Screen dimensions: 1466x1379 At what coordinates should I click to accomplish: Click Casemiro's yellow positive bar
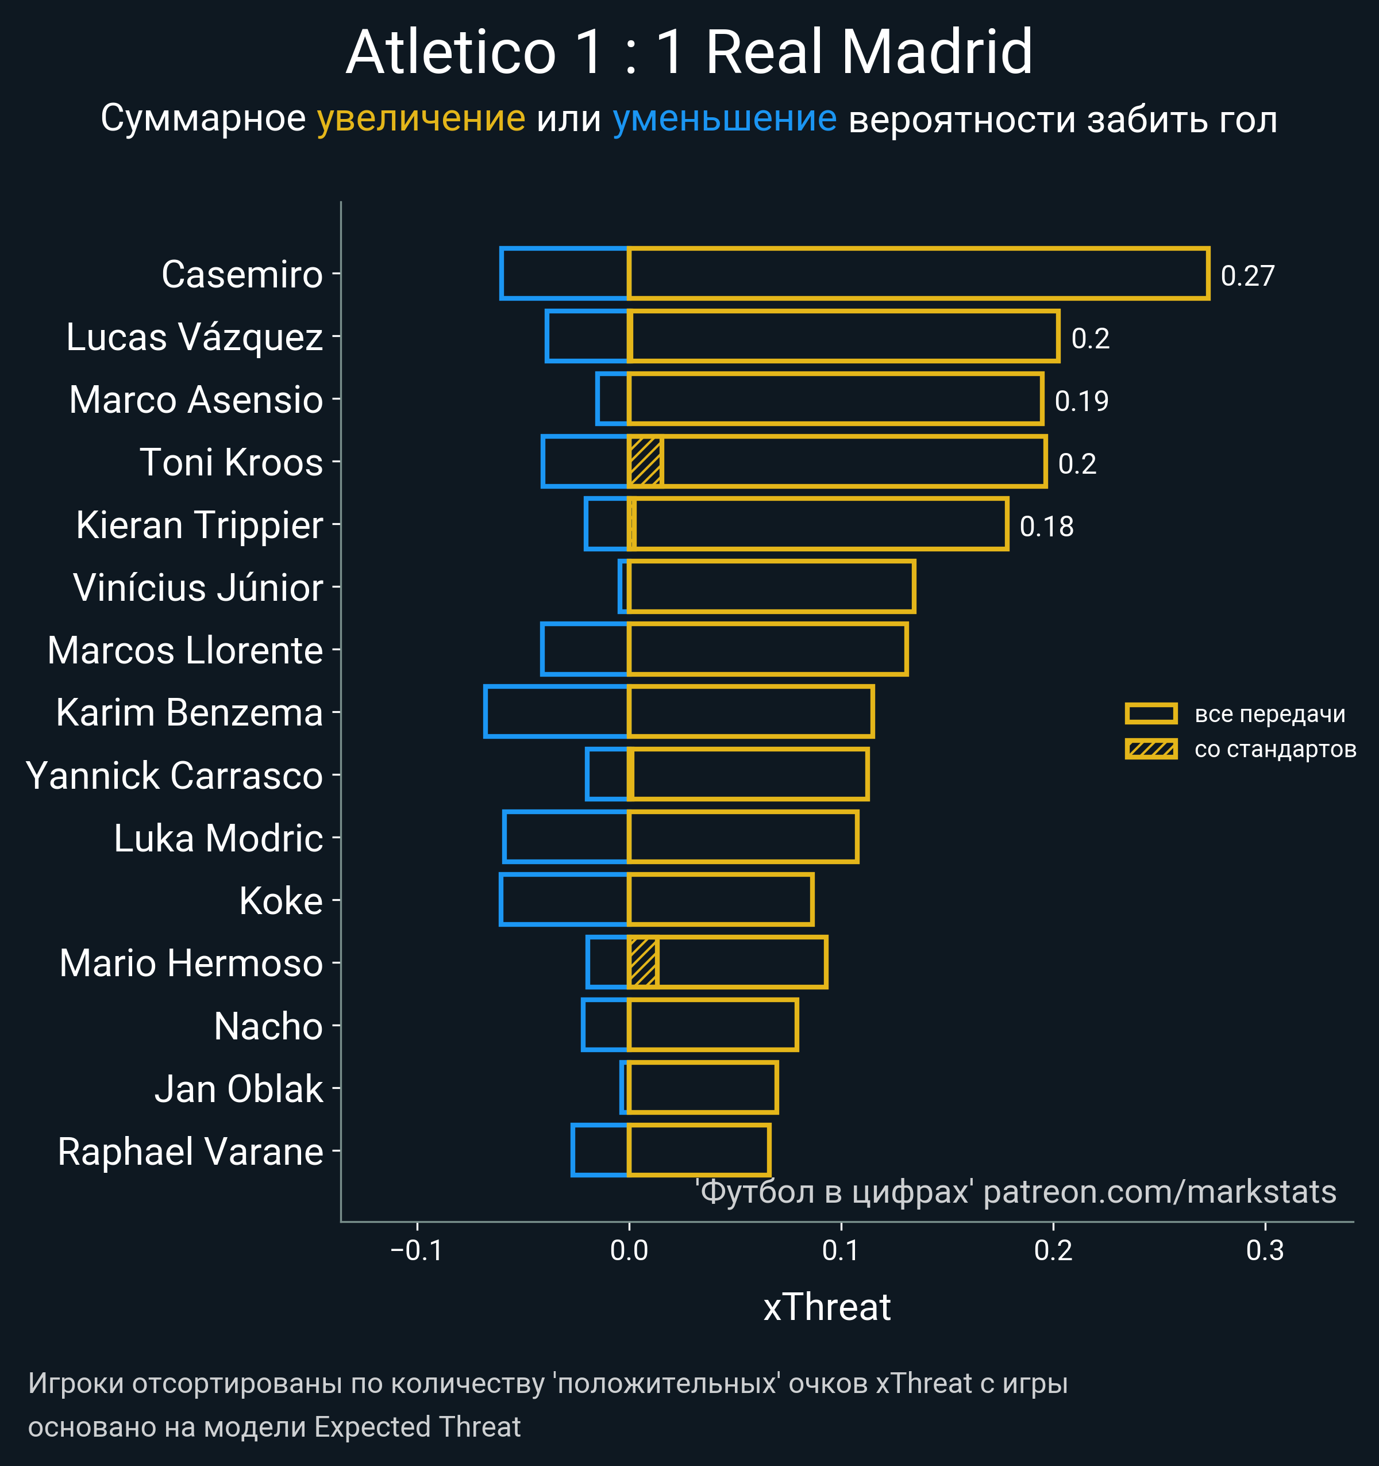[918, 274]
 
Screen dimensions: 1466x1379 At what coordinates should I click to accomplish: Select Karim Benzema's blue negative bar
[556, 712]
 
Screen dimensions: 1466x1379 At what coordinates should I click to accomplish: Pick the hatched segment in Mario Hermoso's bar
[644, 962]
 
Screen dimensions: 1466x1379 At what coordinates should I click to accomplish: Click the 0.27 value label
[1247, 276]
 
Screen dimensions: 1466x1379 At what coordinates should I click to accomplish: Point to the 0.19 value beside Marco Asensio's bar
[1081, 401]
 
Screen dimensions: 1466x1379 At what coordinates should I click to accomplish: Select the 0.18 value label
[1046, 527]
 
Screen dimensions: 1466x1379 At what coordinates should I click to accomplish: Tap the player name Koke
[281, 901]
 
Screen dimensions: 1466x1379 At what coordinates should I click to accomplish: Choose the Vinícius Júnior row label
[198, 588]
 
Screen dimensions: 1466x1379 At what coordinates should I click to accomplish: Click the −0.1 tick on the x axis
[417, 1250]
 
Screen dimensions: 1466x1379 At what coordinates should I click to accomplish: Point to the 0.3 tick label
[1265, 1250]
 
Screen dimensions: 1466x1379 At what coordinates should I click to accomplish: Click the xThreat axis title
[827, 1307]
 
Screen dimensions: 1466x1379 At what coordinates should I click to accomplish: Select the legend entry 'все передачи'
[1269, 714]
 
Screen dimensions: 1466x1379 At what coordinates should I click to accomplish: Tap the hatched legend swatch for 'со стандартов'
[1150, 749]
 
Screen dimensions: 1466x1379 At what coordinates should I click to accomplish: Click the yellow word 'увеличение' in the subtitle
[421, 119]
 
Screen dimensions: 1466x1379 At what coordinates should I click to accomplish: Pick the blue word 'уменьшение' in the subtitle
[725, 119]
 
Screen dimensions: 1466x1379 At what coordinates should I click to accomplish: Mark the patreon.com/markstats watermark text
[1160, 1192]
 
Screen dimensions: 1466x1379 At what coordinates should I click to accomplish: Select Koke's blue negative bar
[564, 900]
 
